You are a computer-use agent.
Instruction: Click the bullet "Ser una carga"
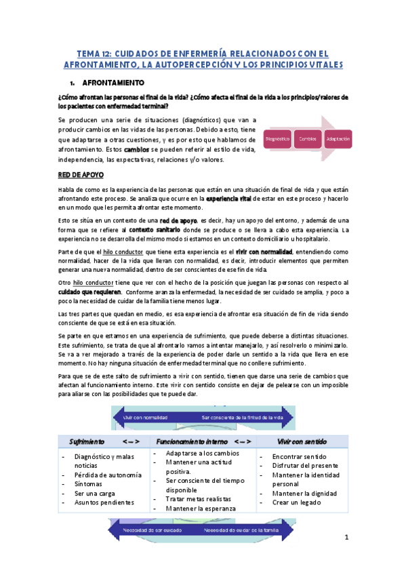tap(94, 493)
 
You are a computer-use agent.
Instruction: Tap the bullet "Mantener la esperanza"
tap(196, 508)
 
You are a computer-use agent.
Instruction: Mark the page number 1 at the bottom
tap(346, 538)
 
